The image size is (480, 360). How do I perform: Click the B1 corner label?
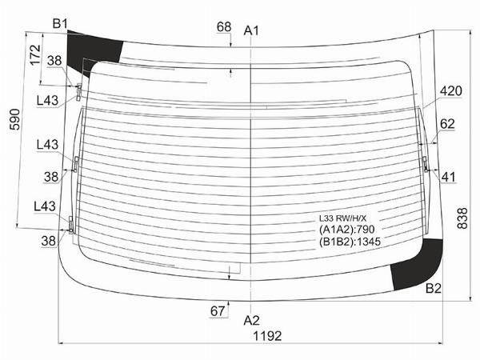[x=60, y=23]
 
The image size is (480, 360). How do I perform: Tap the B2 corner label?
[x=434, y=288]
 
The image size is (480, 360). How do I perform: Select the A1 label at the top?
[x=251, y=30]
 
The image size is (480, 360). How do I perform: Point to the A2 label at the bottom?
[x=251, y=320]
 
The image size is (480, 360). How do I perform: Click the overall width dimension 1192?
[x=267, y=336]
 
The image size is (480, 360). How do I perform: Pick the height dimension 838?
[x=462, y=218]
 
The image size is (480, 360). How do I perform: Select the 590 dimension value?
[x=14, y=119]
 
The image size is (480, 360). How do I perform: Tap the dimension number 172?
[x=35, y=54]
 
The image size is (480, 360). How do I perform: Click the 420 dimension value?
[x=451, y=91]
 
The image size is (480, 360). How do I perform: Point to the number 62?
[x=447, y=124]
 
